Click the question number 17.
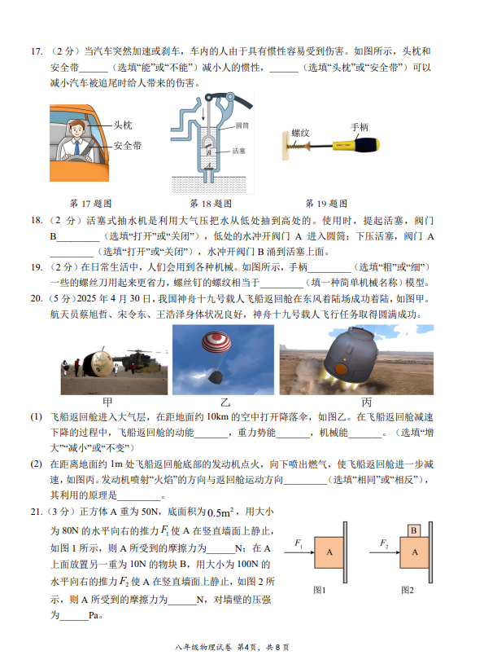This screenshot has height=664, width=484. pyautogui.click(x=37, y=51)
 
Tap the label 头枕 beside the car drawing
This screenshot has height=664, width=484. pyautogui.click(x=123, y=125)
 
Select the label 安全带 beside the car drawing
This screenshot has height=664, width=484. pyautogui.click(x=127, y=146)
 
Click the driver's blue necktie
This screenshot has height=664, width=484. pyautogui.click(x=77, y=147)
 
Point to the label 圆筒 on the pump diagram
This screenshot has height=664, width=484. pyautogui.click(x=242, y=125)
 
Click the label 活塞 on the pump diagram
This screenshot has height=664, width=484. pyautogui.click(x=238, y=151)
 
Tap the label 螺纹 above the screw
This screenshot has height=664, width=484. pyautogui.click(x=300, y=133)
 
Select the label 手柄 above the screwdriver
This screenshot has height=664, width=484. pyautogui.click(x=360, y=127)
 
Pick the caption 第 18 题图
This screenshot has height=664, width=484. pyautogui.click(x=211, y=204)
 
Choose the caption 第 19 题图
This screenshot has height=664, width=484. pyautogui.click(x=326, y=204)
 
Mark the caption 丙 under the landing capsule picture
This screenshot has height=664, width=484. pyautogui.click(x=367, y=402)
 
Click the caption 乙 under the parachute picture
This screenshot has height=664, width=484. pyautogui.click(x=225, y=402)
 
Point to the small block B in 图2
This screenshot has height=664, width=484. pyautogui.click(x=414, y=530)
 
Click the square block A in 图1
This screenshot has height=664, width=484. pyautogui.click(x=329, y=552)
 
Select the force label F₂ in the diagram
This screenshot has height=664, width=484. pyautogui.click(x=384, y=543)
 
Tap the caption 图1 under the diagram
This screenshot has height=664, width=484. pyautogui.click(x=319, y=590)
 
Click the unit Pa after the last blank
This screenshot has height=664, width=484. pyautogui.click(x=94, y=615)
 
